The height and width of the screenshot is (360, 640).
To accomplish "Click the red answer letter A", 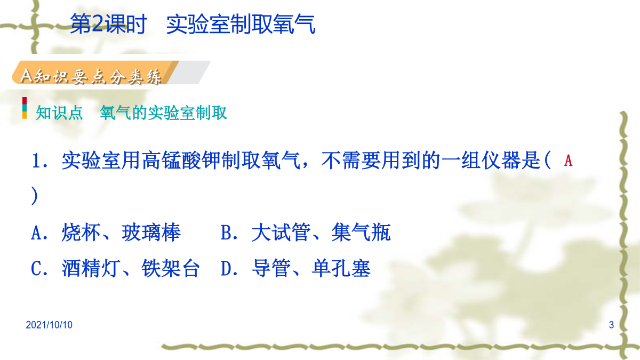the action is click(x=569, y=161).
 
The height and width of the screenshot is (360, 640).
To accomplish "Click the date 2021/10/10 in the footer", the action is click(x=49, y=325).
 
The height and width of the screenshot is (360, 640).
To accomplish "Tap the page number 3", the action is click(x=611, y=325).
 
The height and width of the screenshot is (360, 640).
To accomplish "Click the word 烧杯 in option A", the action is click(x=81, y=233).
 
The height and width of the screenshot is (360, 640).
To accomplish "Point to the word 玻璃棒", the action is click(x=151, y=233).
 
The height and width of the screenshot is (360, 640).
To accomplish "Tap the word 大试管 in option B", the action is click(x=281, y=233).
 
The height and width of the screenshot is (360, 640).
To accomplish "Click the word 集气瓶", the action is click(x=361, y=233).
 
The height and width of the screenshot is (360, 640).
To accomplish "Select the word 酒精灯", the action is click(x=91, y=269).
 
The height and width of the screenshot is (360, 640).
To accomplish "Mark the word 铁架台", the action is click(x=171, y=269).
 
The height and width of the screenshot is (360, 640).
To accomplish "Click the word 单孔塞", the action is click(x=341, y=269).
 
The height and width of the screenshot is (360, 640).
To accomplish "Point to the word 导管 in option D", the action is click(x=271, y=269).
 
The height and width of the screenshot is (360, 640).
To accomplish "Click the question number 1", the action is click(x=36, y=161).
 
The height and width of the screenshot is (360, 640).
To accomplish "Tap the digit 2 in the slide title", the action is click(x=98, y=23).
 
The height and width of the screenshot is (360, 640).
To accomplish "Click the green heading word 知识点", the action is click(x=59, y=113).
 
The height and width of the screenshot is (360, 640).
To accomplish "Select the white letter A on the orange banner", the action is click(x=27, y=76).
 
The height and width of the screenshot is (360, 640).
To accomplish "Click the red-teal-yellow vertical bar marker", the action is click(x=25, y=108).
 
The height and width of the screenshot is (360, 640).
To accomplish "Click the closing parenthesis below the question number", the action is click(x=35, y=196).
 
